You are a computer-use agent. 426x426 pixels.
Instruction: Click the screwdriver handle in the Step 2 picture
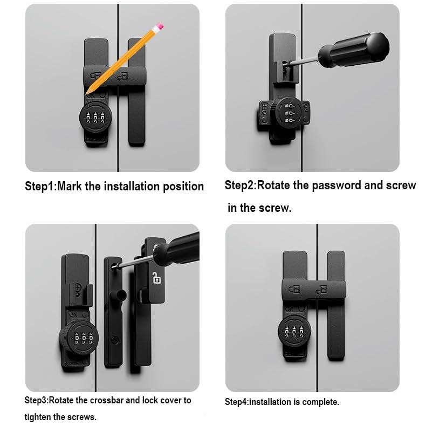click(353, 51)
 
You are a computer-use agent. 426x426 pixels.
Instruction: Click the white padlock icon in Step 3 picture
click(156, 278)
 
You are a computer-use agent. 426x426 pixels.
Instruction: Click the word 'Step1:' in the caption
click(40, 187)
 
